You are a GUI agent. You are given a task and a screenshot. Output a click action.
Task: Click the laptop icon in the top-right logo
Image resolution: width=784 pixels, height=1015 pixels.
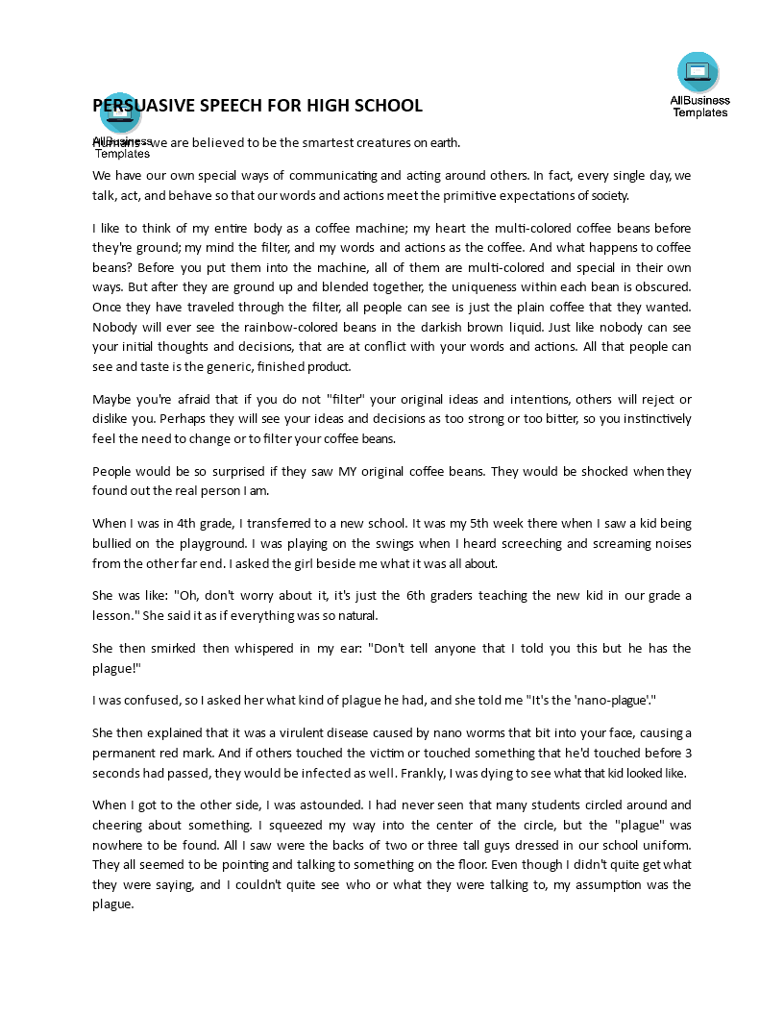(x=698, y=71)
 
